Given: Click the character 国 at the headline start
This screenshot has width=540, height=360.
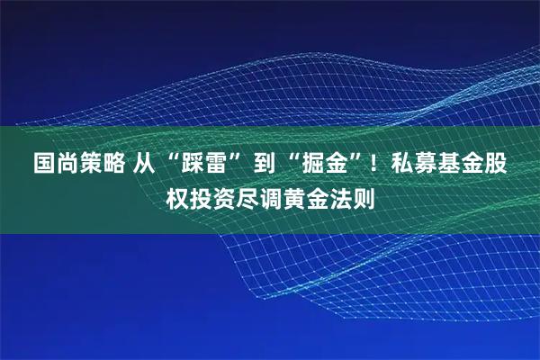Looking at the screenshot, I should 43,165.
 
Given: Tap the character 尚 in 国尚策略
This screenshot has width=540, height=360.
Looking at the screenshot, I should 67,165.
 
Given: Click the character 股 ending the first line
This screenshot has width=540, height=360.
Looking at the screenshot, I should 495,165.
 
